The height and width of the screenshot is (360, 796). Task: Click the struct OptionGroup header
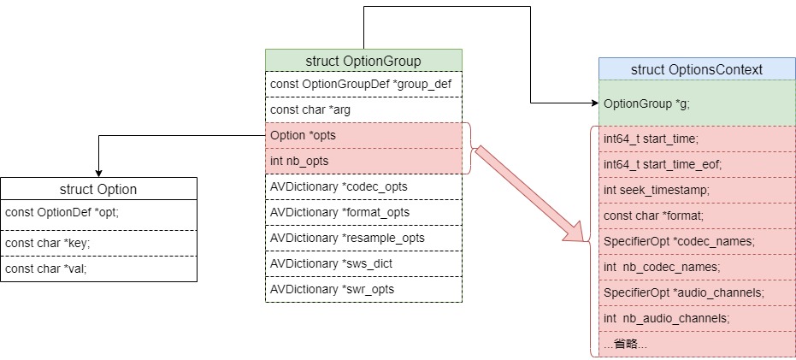pos(363,61)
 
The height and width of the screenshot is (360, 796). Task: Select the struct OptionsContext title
pos(696,69)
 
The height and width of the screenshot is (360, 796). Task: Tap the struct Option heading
pos(98,189)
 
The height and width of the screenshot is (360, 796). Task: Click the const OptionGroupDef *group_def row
pos(363,84)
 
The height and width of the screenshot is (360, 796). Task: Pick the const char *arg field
pos(363,109)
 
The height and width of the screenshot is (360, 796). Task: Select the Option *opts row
pos(363,135)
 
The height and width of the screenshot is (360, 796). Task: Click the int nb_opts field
pos(363,161)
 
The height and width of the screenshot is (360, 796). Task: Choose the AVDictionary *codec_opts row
pos(363,186)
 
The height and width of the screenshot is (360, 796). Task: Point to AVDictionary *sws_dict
pos(363,263)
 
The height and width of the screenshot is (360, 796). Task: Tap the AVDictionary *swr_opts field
pos(363,289)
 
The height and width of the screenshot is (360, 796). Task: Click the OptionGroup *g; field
pos(696,103)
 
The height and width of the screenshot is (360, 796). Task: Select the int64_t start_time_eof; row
pos(696,163)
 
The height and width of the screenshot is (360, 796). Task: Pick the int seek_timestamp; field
pos(696,189)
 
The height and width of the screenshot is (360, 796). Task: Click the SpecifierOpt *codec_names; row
pos(696,240)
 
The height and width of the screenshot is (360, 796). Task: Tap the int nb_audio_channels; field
pos(696,318)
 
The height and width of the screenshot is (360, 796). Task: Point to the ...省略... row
pos(696,344)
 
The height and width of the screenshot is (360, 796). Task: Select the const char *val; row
pos(98,268)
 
